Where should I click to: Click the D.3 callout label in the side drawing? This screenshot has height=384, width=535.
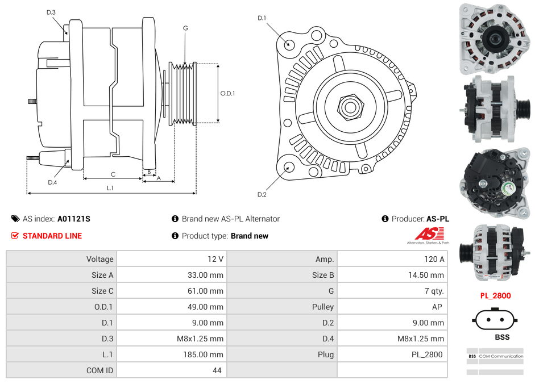pos(51,12)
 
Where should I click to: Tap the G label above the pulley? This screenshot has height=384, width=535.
pos(185,28)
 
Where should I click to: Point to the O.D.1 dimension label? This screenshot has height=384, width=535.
pos(227,93)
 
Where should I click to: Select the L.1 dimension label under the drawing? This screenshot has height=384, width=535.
pos(110,187)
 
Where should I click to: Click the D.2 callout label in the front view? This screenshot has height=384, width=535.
pos(262,195)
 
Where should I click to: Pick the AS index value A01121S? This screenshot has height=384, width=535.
pos(74,219)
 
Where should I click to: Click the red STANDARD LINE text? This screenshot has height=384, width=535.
pos(52,236)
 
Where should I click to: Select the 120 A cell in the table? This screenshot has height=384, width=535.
pos(434,259)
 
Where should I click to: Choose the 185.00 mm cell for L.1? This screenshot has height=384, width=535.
pos(205,354)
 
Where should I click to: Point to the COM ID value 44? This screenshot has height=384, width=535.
pos(218,370)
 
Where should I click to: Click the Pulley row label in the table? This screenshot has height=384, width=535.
pos(323,307)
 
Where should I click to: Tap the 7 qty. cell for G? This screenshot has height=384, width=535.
pos(434,291)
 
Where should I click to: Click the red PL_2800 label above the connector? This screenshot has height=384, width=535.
pos(495,295)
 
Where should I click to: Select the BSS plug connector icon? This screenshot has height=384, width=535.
pos(495,319)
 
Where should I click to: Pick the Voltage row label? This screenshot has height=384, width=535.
pos(99,259)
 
